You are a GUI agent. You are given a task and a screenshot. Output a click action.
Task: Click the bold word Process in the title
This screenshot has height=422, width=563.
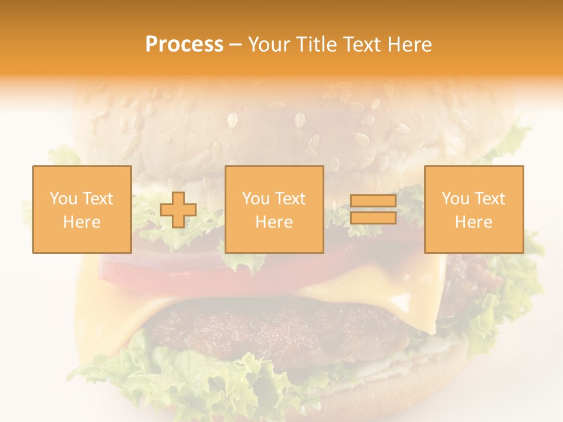pos(184,45)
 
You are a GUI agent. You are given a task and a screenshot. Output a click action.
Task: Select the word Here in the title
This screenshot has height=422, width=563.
pos(409,45)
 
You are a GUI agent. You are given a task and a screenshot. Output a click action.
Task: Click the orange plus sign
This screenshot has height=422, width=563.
pos(178,210)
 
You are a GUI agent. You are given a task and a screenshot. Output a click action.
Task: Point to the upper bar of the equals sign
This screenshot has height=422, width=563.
pos(373,201)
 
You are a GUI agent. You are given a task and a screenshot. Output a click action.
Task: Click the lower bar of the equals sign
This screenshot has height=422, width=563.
pos(373,218)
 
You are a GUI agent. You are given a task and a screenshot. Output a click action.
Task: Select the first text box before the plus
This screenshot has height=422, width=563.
pos(82,210)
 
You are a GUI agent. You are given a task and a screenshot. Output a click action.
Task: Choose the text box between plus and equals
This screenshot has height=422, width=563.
pos(274,210)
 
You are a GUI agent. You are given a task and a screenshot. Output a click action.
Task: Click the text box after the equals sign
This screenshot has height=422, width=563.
pos(474,210)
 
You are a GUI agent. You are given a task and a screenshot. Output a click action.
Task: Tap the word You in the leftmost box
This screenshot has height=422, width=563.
pos(63,199)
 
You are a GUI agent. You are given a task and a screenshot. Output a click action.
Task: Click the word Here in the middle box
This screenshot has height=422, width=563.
pos(274,222)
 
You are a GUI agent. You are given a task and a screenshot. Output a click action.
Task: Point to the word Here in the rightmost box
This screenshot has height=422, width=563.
pos(474,222)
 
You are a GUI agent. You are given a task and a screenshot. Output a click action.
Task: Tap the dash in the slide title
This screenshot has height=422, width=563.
pos(235,45)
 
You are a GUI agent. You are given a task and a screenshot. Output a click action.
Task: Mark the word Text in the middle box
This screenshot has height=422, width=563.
pos(290,199)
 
